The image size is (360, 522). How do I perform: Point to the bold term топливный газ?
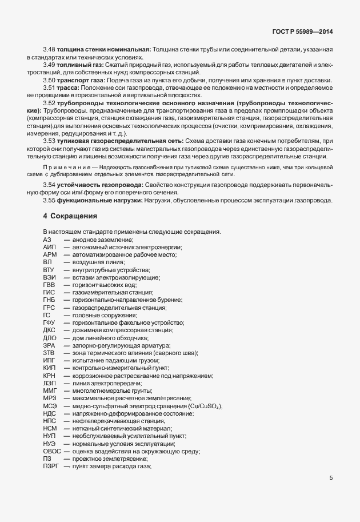(79, 65)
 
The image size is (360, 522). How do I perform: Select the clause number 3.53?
(49, 140)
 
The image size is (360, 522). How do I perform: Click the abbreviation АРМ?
(50, 254)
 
